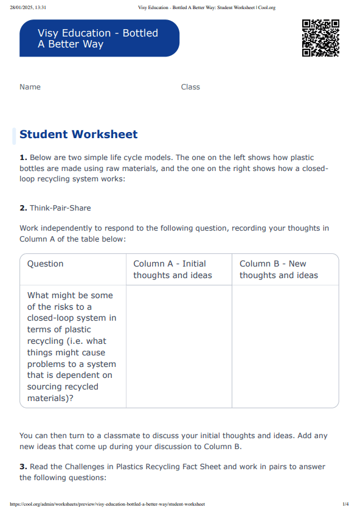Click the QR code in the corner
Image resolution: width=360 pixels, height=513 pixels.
point(320,38)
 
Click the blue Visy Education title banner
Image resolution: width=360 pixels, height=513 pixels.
point(99,38)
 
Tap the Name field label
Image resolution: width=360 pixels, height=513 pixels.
point(30,87)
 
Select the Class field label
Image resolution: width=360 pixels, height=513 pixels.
point(190,87)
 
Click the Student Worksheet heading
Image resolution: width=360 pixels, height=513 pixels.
point(78,134)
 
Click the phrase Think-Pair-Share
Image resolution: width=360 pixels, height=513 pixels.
point(60,208)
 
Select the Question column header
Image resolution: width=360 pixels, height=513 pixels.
point(46,263)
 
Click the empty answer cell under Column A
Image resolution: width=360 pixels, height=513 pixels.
point(179,346)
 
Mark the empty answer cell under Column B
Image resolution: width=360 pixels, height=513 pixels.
point(285,346)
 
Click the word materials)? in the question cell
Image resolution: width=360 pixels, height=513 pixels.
point(50,398)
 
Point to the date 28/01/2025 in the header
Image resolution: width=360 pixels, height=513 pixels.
point(22,8)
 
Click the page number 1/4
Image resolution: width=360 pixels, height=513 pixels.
point(345,504)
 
